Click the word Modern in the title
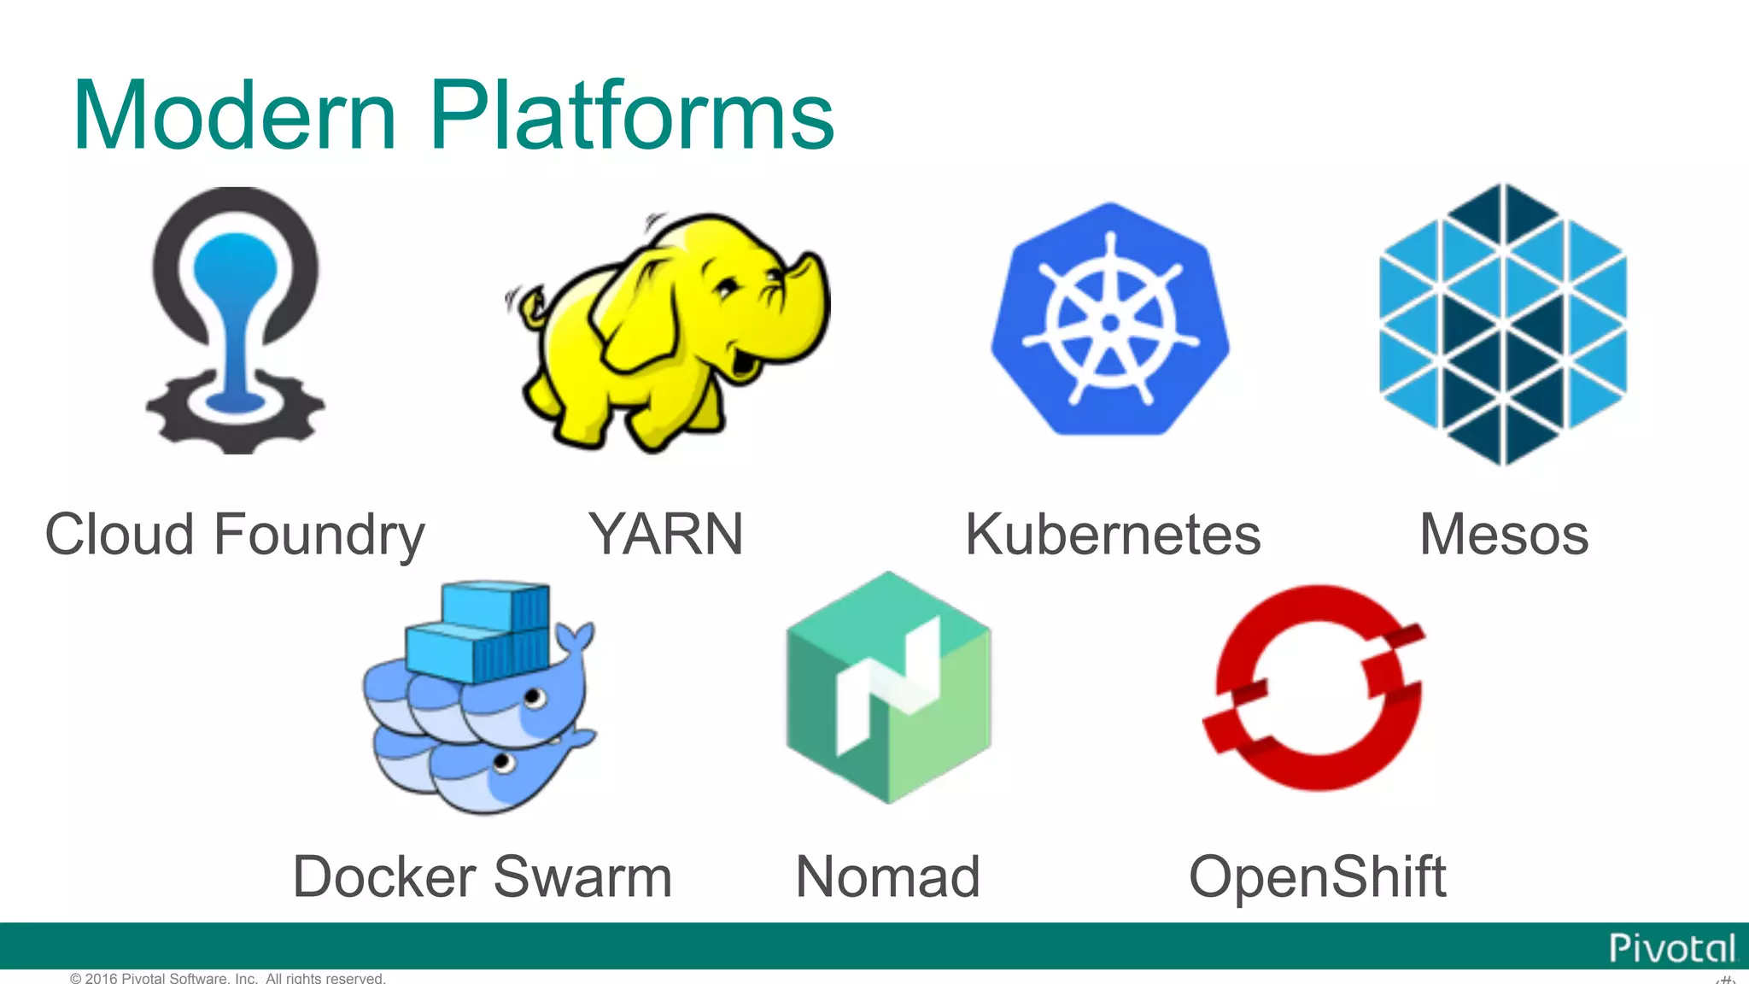click(x=235, y=115)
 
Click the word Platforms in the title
click(x=632, y=115)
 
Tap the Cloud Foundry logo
click(x=235, y=320)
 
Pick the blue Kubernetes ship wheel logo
click(x=1110, y=320)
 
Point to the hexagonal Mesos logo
click(x=1503, y=325)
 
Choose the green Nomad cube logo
click(x=888, y=688)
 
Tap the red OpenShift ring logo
click(x=1315, y=688)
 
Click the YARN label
click(x=666, y=535)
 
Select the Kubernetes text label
click(x=1113, y=535)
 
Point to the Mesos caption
click(x=1504, y=535)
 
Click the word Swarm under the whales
click(x=583, y=876)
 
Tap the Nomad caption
click(x=888, y=876)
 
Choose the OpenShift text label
click(x=1318, y=876)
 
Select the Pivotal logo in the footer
click(x=1671, y=948)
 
